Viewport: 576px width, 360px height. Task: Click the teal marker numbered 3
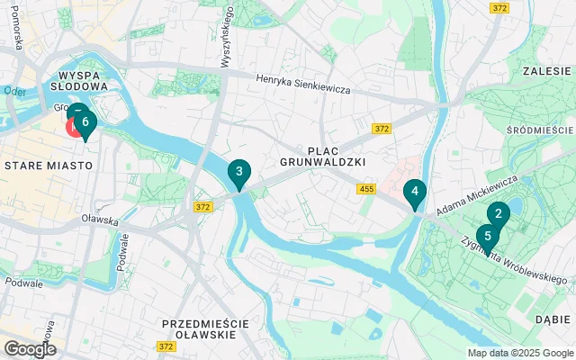(238, 171)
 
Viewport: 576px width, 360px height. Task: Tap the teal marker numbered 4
(414, 191)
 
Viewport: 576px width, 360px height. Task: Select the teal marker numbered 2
(498, 214)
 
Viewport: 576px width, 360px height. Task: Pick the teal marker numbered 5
(488, 236)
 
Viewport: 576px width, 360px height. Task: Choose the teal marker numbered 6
(85, 121)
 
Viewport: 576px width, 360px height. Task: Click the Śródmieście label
(540, 130)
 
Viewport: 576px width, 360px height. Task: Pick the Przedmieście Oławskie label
(198, 328)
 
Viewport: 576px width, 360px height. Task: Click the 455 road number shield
(365, 188)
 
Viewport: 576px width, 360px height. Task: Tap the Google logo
(30, 348)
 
